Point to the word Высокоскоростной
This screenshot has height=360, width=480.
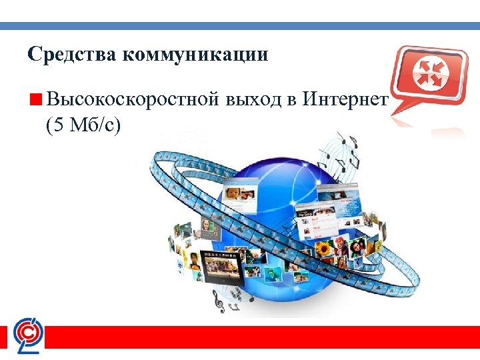pos(133,100)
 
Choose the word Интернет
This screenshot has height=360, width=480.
pos(345,100)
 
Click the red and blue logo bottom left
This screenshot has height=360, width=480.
pos(29,334)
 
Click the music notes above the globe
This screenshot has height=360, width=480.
pos(347,150)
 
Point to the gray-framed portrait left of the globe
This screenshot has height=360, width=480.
pos(207,228)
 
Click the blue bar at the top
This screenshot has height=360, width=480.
pos(240,25)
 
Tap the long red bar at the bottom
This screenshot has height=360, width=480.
pos(267,337)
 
